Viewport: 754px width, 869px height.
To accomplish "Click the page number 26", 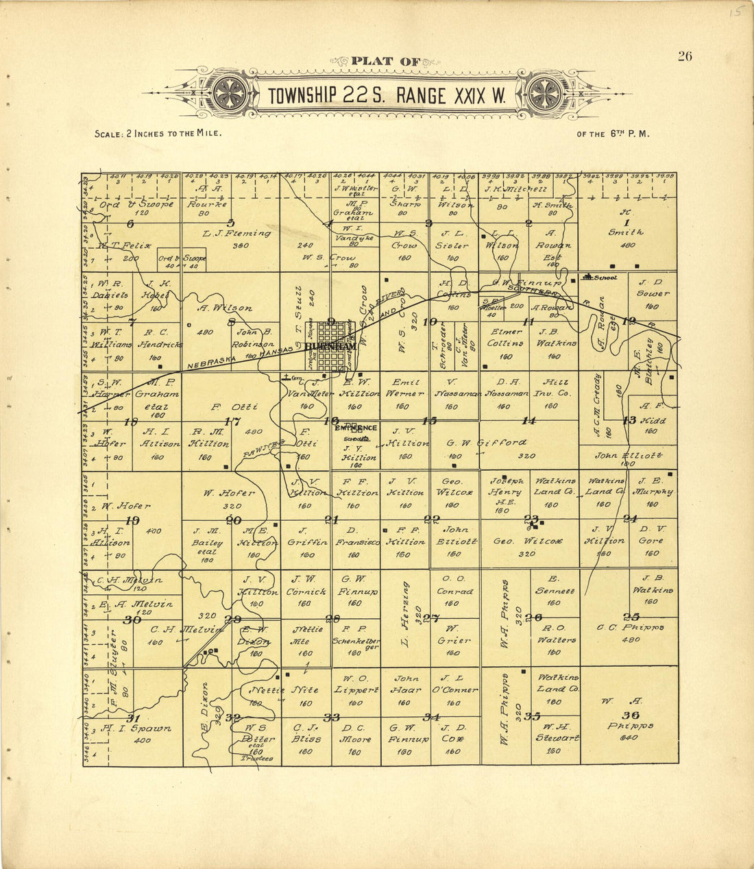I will pyautogui.click(x=685, y=57).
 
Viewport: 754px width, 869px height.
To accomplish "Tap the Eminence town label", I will pyautogui.click(x=355, y=428).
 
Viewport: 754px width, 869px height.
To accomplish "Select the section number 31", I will pyautogui.click(x=134, y=718).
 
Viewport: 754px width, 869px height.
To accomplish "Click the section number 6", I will pyautogui.click(x=131, y=223).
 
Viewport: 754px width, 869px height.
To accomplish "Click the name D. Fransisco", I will pyautogui.click(x=354, y=535).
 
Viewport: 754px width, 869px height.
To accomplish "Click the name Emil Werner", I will pyautogui.click(x=405, y=388).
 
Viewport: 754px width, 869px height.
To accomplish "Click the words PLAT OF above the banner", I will pyautogui.click(x=385, y=62).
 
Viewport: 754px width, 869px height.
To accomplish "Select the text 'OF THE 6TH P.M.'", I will pyautogui.click(x=613, y=134).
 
